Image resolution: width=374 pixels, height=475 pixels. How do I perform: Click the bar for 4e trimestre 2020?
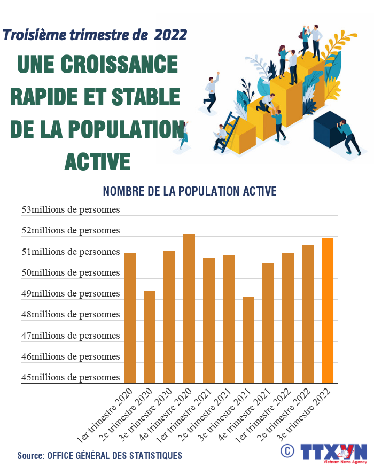coord(189,308)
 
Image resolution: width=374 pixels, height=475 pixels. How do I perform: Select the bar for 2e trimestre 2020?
coord(150,337)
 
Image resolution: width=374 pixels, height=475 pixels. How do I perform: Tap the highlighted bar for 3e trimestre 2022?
coord(328,310)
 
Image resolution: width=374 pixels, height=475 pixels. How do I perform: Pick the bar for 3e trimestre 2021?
coord(248,340)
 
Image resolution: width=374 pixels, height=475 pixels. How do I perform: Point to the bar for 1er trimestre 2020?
coord(130,318)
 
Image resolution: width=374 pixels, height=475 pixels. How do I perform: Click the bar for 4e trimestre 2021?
coord(268,323)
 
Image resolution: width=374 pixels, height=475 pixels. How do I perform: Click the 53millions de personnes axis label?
coord(71,209)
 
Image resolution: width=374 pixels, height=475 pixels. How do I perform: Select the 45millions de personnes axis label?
coord(71,377)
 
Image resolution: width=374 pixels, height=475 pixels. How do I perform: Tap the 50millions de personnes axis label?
coord(71,272)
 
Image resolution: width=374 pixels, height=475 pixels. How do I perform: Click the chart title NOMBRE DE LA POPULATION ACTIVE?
coord(189,191)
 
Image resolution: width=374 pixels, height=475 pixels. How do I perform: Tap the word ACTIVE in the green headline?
coord(97,161)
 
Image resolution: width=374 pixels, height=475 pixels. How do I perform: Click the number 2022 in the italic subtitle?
coord(170,35)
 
